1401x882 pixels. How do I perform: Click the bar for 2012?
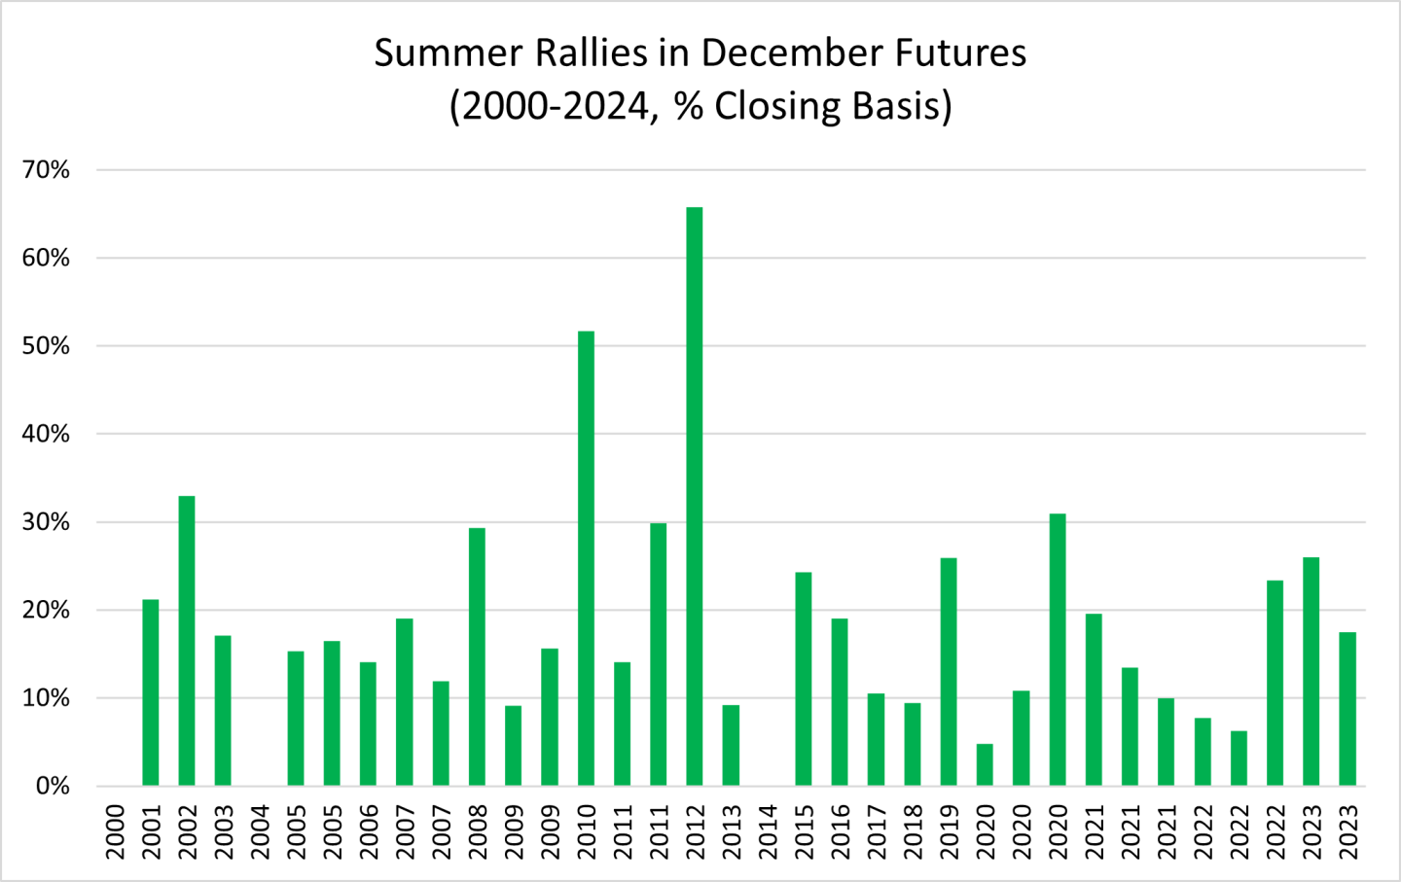(695, 496)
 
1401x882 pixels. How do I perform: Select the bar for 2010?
(586, 558)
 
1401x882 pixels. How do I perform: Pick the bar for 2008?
(477, 656)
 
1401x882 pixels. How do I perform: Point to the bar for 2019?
(949, 671)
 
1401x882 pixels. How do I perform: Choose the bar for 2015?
(804, 679)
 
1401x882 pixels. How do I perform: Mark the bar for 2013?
(731, 745)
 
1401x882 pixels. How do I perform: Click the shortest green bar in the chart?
(985, 764)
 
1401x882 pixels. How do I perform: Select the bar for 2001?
(151, 692)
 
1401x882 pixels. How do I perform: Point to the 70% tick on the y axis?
(47, 170)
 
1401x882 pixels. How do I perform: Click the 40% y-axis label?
(47, 434)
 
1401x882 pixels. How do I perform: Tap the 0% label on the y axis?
(53, 786)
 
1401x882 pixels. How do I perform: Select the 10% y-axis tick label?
(47, 698)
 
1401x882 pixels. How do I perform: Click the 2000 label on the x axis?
(115, 831)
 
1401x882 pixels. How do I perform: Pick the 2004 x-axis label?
(260, 831)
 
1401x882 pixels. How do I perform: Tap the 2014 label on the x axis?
(768, 831)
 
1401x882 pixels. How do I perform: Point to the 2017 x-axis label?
(877, 831)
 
